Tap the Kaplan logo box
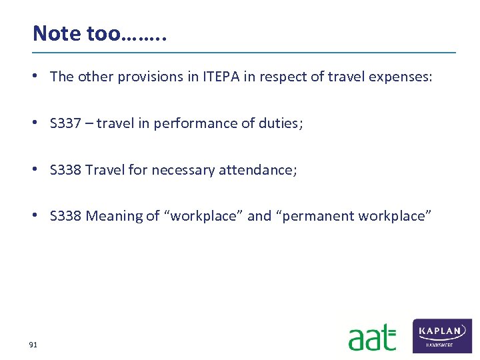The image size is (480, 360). click(x=442, y=335)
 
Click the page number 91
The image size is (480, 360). click(x=33, y=345)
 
